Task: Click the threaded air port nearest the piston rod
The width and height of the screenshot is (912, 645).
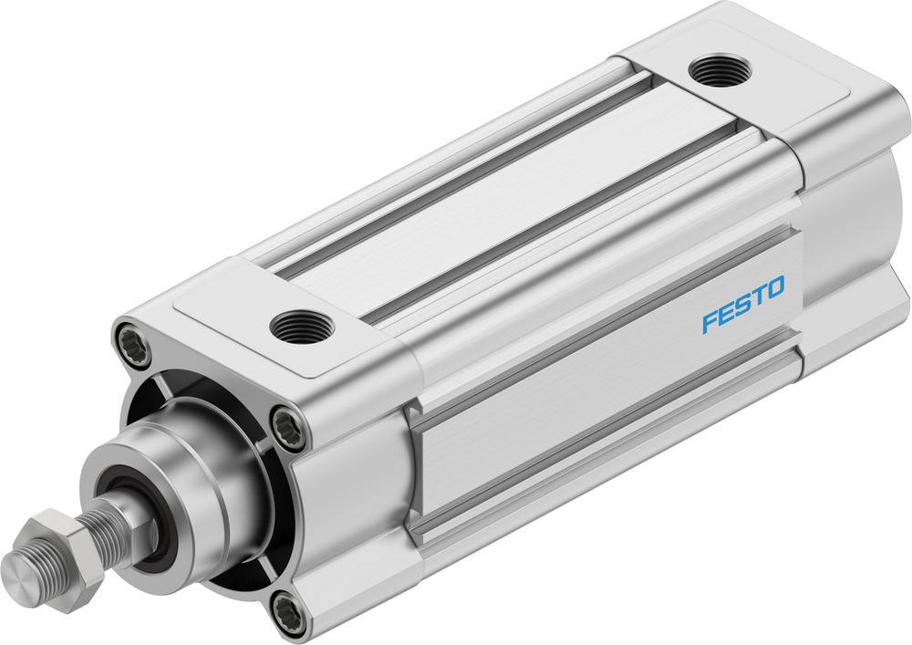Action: (297, 324)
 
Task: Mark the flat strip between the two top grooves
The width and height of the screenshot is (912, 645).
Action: (511, 201)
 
